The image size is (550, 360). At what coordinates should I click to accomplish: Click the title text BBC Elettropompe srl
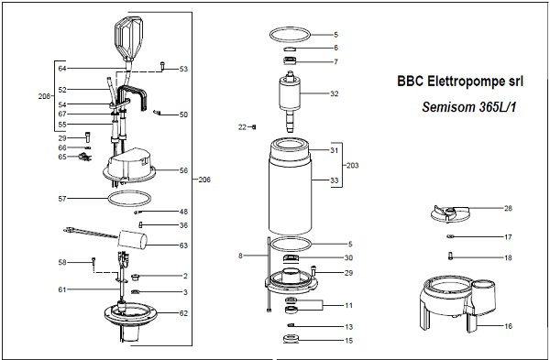[x=460, y=82]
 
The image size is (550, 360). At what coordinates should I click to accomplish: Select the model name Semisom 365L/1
[x=469, y=107]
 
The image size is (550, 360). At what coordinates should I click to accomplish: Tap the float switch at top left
[x=128, y=38]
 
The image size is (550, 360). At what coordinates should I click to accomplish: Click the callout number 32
[x=335, y=93]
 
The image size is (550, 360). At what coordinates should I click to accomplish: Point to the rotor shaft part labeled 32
[x=290, y=101]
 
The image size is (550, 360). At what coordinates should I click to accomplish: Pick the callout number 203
[x=353, y=166]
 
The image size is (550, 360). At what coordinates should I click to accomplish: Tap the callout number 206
[x=204, y=180]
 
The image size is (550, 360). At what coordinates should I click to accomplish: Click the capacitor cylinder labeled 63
[x=132, y=239]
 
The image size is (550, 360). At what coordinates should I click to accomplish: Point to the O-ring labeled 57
[x=129, y=199]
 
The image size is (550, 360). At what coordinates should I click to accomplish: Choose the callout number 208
[x=44, y=96]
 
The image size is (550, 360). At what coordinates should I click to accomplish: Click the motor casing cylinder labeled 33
[x=290, y=196]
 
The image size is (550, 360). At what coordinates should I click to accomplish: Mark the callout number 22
[x=242, y=127]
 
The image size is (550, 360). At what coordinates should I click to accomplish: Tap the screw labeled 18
[x=451, y=256]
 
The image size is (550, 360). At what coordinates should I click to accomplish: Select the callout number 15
[x=348, y=341]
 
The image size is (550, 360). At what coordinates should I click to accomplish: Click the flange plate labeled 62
[x=130, y=314]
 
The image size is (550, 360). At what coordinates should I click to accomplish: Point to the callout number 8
[x=240, y=256]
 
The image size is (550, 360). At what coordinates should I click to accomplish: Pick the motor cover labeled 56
[x=129, y=166]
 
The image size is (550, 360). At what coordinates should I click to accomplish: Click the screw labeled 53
[x=162, y=66]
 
